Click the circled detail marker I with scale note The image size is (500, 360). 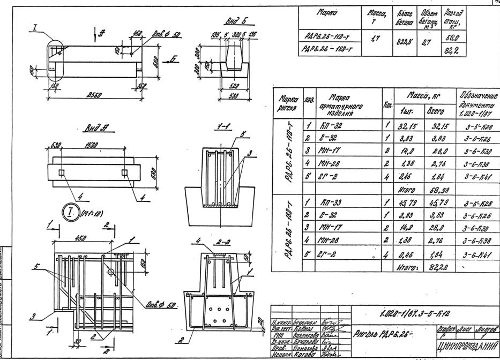[x=69, y=212]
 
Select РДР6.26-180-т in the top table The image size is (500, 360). [x=331, y=50]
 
